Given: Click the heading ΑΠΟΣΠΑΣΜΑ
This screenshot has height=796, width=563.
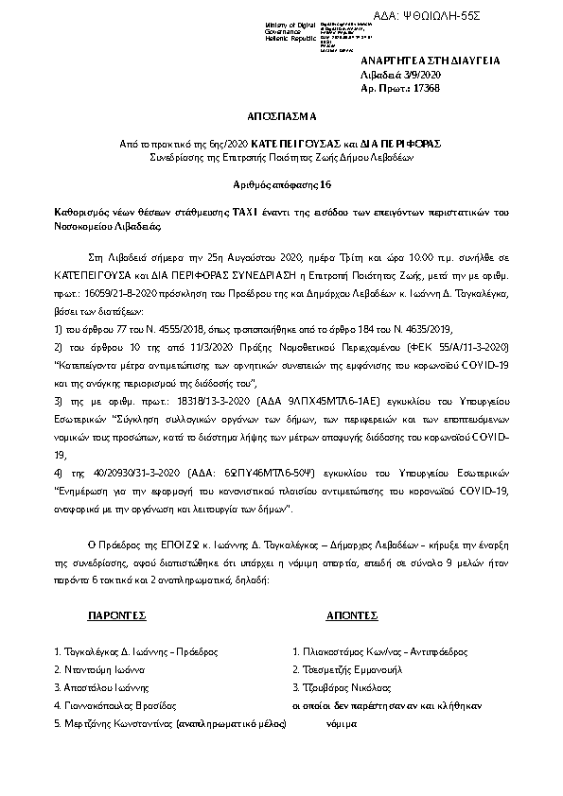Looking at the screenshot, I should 282,122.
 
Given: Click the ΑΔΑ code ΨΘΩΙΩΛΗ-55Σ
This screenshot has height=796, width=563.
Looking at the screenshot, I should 507,17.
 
